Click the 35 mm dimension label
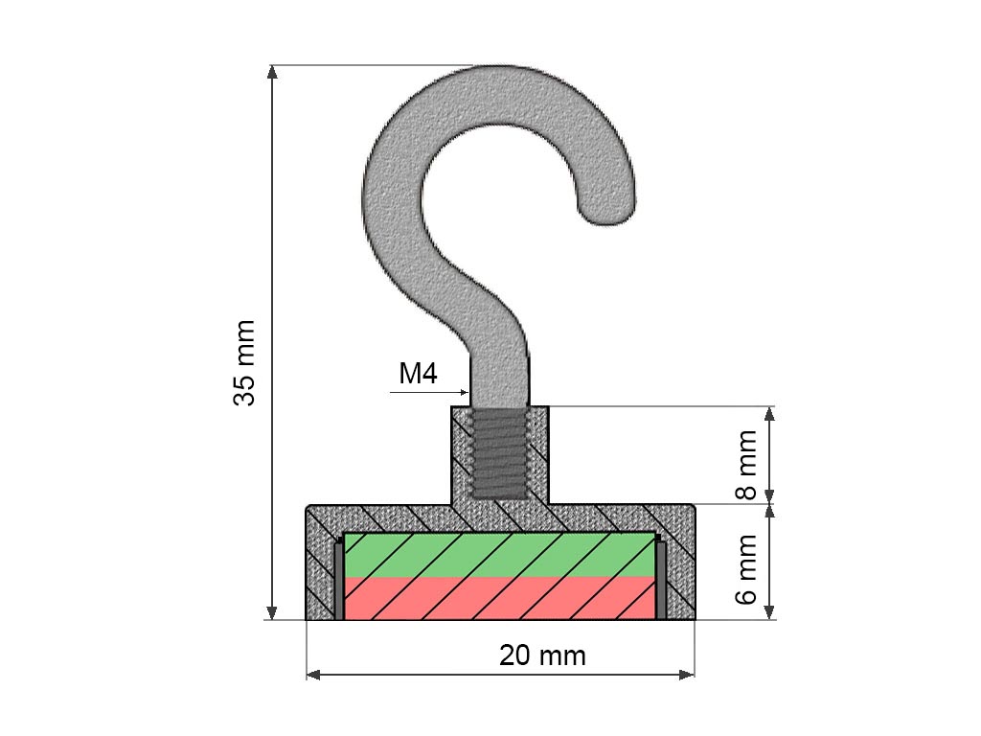coord(244,363)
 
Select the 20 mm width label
coord(542,655)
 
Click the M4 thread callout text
coord(418,374)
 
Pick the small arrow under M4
coord(428,392)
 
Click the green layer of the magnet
coord(500,555)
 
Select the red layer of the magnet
coord(500,598)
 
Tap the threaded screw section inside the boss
coord(499,453)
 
